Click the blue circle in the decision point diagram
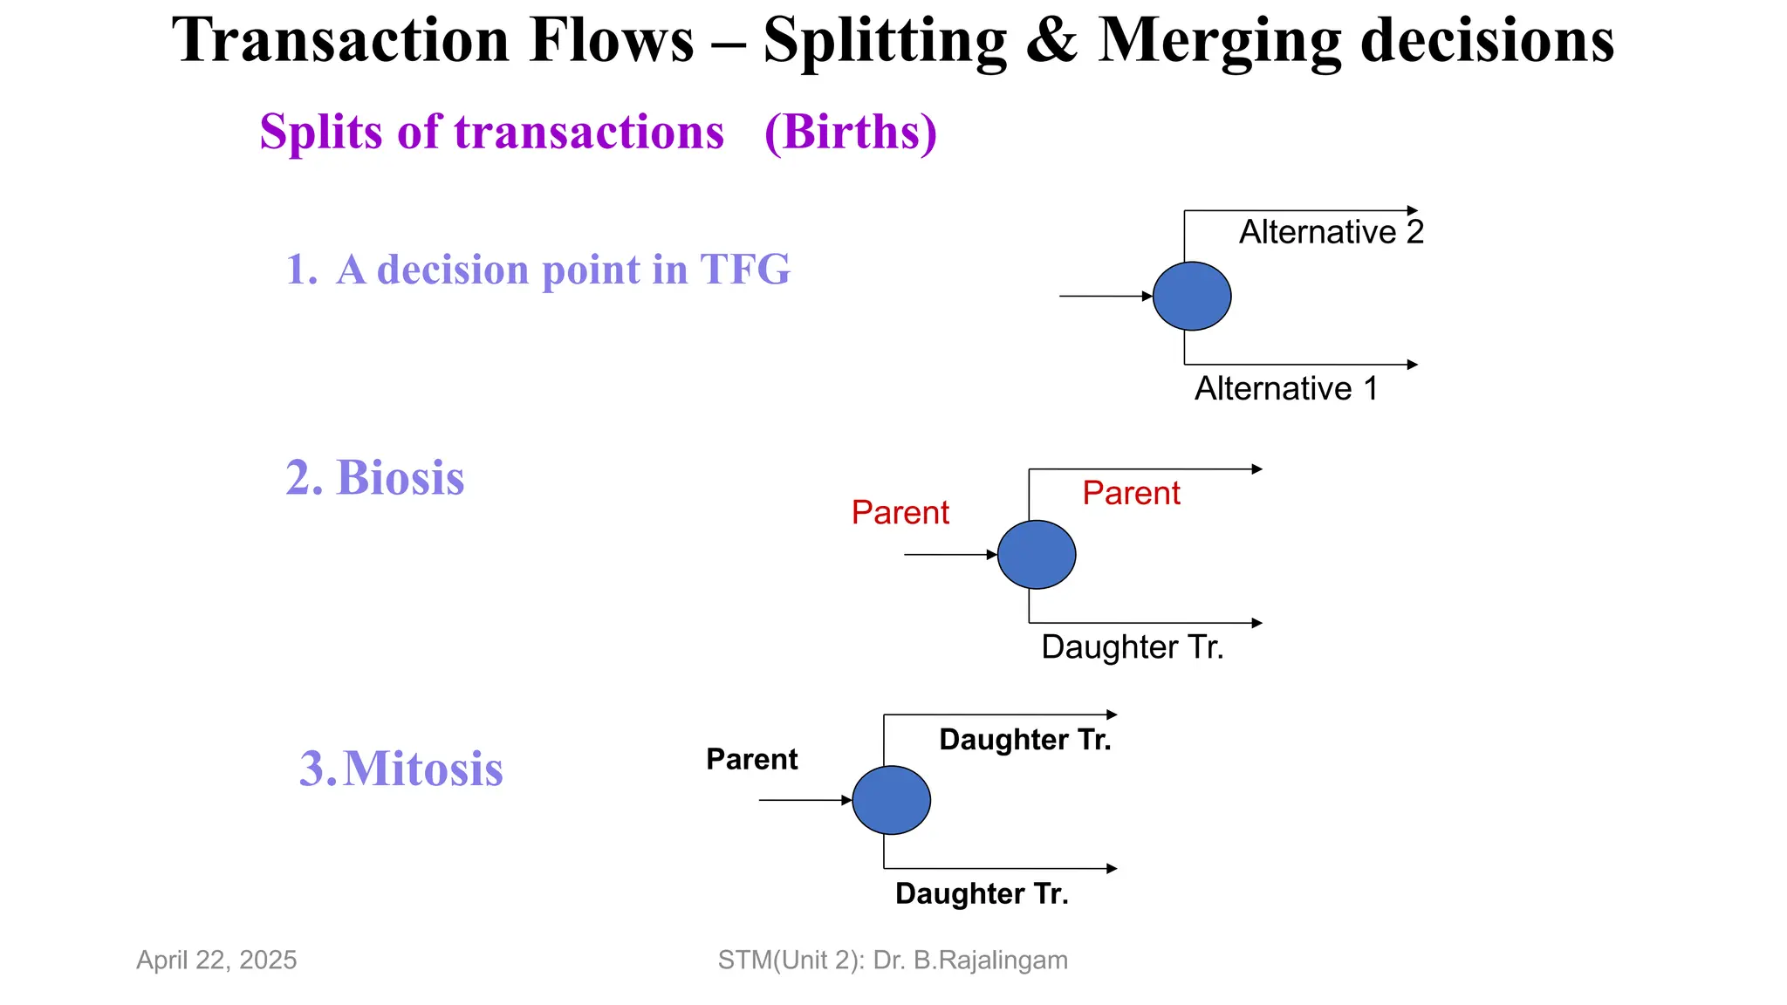[1192, 297]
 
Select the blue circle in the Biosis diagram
[1037, 555]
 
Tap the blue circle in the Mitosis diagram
[891, 800]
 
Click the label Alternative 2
[1332, 232]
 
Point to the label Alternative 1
[1286, 388]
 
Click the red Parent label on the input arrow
[900, 512]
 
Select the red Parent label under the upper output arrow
[1131, 493]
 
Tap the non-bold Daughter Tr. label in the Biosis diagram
[1133, 647]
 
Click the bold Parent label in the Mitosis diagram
[751, 759]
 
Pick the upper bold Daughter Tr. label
[1025, 740]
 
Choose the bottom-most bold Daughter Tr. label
[982, 894]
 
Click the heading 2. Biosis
[375, 478]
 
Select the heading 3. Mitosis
[401, 769]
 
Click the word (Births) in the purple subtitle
[851, 133]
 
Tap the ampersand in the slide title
[1051, 41]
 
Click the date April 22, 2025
[216, 960]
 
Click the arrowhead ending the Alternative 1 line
[1413, 365]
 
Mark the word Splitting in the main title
[885, 41]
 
